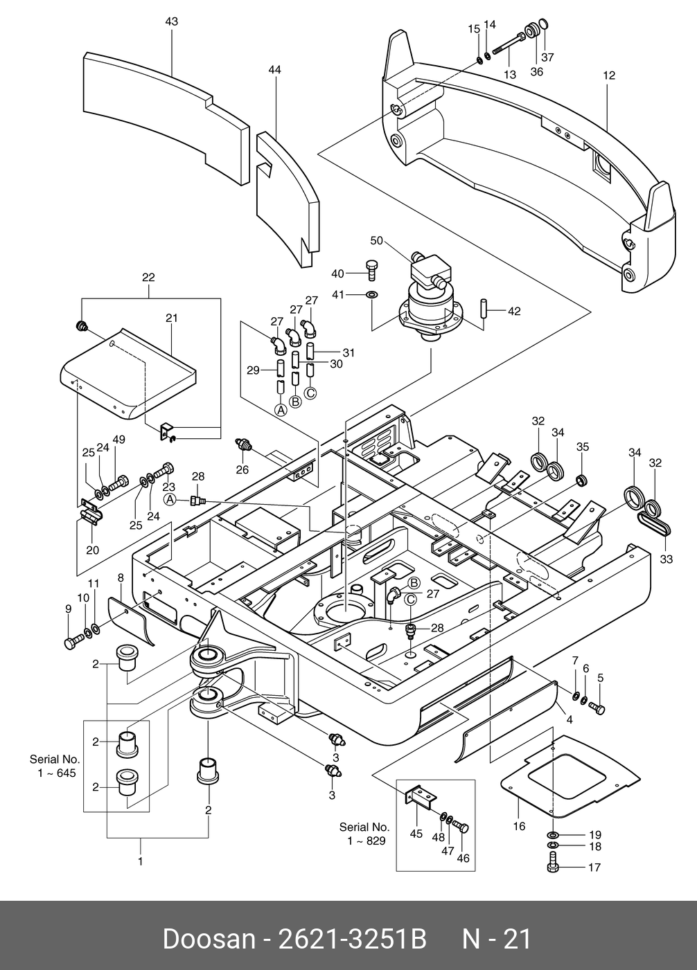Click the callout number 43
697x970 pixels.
coord(171,21)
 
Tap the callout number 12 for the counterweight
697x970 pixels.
coord(608,75)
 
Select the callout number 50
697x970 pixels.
coord(376,240)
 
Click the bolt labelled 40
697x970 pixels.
coord(371,269)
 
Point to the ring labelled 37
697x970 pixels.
coord(544,26)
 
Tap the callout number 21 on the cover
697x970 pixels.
coord(171,318)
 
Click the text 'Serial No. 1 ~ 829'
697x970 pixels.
coord(364,834)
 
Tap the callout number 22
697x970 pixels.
coord(148,277)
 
